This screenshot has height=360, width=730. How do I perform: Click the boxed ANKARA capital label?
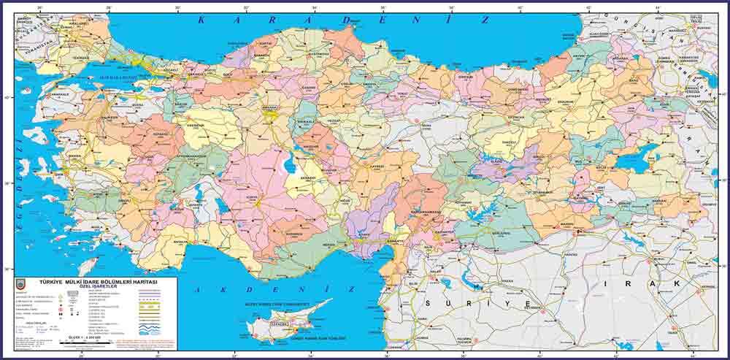click(x=272, y=115)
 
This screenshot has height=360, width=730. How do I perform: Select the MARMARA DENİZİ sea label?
click(x=109, y=76)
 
